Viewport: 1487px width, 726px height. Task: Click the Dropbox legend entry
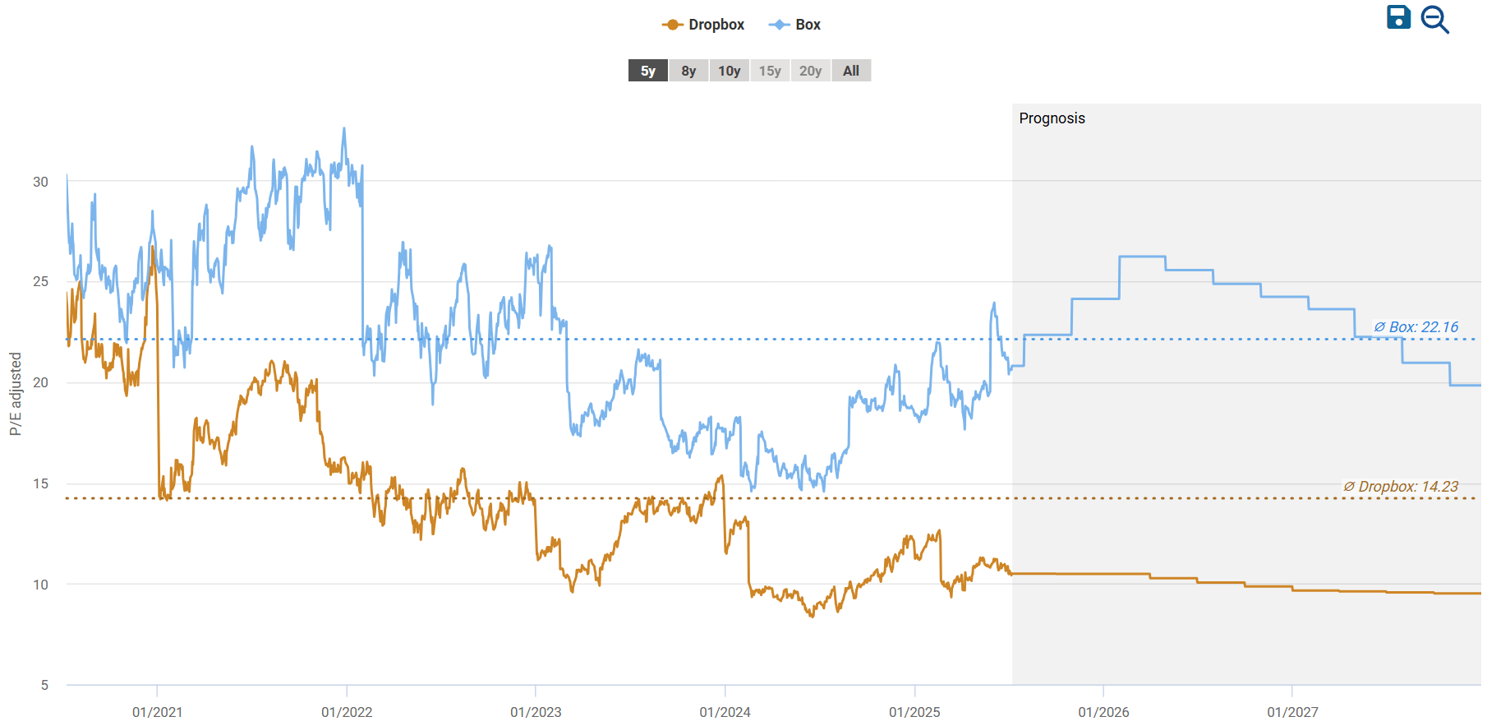click(x=703, y=25)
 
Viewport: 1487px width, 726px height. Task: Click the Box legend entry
click(x=794, y=25)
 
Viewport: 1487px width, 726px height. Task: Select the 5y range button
click(x=648, y=71)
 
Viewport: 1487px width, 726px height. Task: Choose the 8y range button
click(x=688, y=71)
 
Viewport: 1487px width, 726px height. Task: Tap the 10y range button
click(x=729, y=71)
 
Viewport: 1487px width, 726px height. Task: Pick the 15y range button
click(x=770, y=71)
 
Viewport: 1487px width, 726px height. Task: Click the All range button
click(x=851, y=71)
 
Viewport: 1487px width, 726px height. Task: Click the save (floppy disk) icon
click(x=1398, y=17)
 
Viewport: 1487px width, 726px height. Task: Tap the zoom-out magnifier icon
click(x=1434, y=20)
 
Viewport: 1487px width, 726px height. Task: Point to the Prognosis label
click(x=1052, y=118)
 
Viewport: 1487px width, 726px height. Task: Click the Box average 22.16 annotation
click(x=1416, y=327)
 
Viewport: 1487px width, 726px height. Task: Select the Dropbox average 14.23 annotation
click(x=1401, y=487)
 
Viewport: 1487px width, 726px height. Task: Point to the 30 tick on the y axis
click(x=40, y=182)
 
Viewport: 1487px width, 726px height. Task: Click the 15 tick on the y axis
click(x=40, y=483)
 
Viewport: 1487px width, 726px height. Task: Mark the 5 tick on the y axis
click(x=44, y=685)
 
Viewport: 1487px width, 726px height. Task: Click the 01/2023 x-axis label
click(x=536, y=712)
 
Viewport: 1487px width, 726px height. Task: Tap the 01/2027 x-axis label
click(x=1292, y=712)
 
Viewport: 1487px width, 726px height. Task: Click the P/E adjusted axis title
click(x=16, y=394)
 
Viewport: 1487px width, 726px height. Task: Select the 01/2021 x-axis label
click(x=157, y=712)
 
